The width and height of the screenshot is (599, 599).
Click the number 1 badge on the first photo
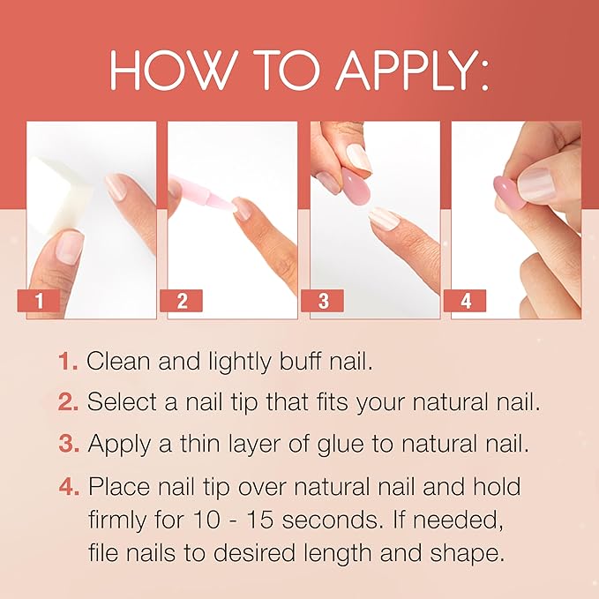tap(39, 300)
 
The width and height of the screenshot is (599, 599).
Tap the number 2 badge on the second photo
tap(181, 300)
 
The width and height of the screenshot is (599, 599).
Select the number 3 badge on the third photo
tap(324, 300)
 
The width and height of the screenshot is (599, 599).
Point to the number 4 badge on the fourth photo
tap(466, 300)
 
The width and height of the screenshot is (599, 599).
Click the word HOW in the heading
tap(164, 71)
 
